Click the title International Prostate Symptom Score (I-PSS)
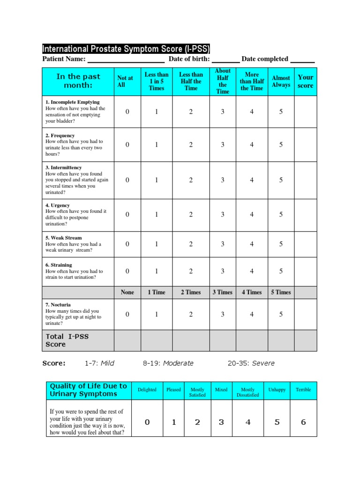point(126,49)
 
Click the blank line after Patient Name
point(126,60)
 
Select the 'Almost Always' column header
point(281,82)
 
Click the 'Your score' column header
point(305,82)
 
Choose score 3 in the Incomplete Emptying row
point(223,112)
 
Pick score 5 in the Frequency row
point(281,145)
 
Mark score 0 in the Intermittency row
point(127,180)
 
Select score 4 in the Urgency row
point(252,215)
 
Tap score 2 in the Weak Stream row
point(191,244)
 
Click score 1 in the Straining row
point(157,271)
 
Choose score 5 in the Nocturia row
point(281,315)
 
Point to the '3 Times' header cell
point(223,292)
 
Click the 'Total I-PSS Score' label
point(62,341)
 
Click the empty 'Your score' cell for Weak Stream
point(305,244)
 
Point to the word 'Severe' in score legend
point(263,363)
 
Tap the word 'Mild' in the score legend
point(107,363)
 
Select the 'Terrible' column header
point(303,390)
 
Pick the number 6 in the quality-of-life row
point(303,422)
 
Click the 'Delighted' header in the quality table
point(147,390)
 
